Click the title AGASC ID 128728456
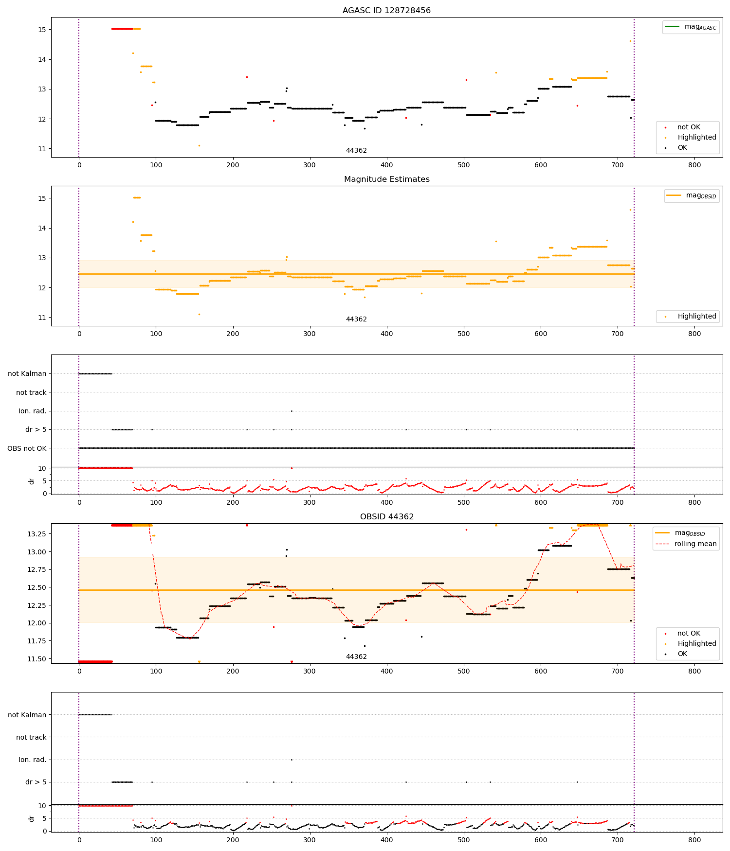(386, 10)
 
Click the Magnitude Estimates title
(386, 179)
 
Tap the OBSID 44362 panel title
(386, 516)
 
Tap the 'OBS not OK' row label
(27, 448)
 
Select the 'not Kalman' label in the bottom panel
(27, 715)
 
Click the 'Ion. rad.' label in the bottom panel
(32, 760)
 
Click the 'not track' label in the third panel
(31, 392)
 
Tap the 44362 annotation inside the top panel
(356, 150)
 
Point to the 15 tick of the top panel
(42, 30)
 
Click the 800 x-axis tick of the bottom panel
(694, 840)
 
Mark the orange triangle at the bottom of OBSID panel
(199, 662)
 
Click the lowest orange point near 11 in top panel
(199, 145)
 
